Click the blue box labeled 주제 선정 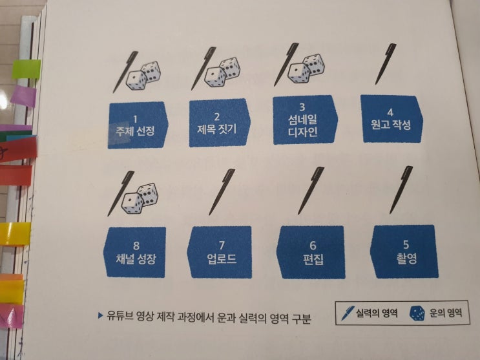tap(138, 125)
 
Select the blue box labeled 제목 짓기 tap(220, 123)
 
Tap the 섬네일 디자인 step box tap(305, 120)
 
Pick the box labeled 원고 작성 tap(392, 119)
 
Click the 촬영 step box tap(404, 252)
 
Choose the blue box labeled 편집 tap(311, 252)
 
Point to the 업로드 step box tap(220, 252)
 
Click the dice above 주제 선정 tap(143, 76)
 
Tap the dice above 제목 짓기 tap(222, 72)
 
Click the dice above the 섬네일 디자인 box tap(306, 69)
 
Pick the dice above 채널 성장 tap(140, 198)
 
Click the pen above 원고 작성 tap(386, 65)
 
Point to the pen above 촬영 tap(401, 190)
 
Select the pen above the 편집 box tap(311, 191)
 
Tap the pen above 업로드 tap(222, 192)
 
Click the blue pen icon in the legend tap(348, 313)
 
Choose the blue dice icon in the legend tap(417, 313)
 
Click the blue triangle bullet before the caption tap(100, 315)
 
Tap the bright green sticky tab tap(26, 69)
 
